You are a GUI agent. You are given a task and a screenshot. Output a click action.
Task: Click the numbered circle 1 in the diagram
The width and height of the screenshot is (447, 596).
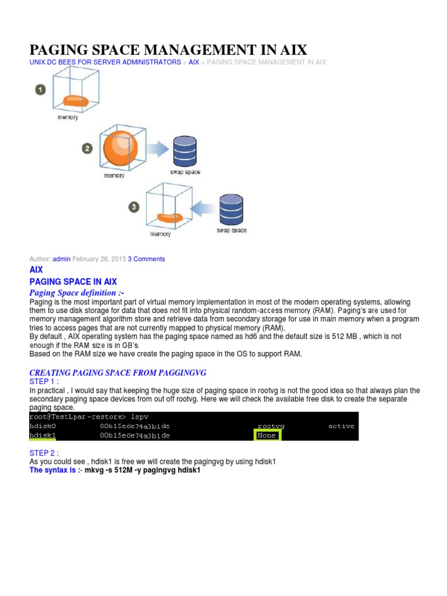click(40, 90)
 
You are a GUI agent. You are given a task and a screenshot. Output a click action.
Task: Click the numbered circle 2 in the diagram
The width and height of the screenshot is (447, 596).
click(87, 148)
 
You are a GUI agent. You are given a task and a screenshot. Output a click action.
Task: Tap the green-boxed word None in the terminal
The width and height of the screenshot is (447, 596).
click(267, 435)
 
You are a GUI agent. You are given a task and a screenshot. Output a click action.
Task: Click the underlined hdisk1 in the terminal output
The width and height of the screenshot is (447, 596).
click(42, 435)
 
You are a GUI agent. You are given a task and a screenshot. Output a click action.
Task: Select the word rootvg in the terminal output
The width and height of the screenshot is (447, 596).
click(271, 426)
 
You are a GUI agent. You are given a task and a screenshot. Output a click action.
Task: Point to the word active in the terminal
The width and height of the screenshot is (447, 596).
click(341, 426)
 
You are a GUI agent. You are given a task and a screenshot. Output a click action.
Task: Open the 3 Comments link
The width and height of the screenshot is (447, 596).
click(146, 259)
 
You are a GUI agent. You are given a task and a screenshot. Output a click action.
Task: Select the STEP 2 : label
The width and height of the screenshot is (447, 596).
click(44, 453)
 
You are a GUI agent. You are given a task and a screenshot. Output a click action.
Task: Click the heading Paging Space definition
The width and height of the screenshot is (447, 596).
click(77, 293)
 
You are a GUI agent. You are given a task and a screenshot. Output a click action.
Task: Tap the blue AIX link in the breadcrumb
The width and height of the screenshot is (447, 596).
click(194, 62)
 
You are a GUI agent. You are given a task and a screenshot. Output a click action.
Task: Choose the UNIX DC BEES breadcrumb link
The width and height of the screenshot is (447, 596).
click(105, 62)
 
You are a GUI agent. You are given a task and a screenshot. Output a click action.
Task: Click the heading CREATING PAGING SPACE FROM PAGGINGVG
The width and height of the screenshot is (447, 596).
click(118, 372)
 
